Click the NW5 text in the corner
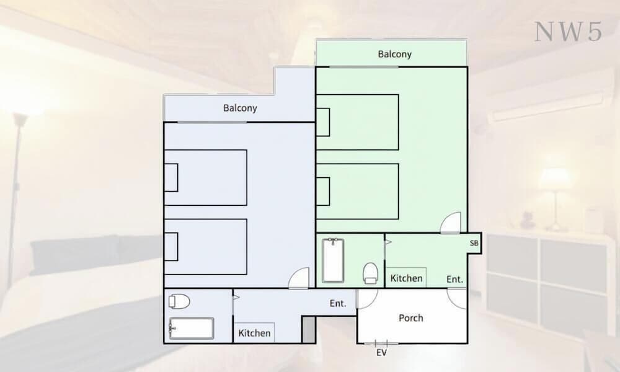pyautogui.click(x=568, y=32)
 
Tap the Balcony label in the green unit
pyautogui.click(x=394, y=54)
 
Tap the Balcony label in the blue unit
pyautogui.click(x=240, y=108)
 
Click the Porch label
pyautogui.click(x=411, y=318)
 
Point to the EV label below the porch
pyautogui.click(x=381, y=353)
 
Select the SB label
pyautogui.click(x=474, y=243)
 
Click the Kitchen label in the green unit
pyautogui.click(x=406, y=278)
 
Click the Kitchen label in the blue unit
pyautogui.click(x=254, y=333)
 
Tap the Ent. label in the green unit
pyautogui.click(x=454, y=279)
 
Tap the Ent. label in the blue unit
pyautogui.click(x=338, y=303)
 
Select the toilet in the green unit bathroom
pyautogui.click(x=370, y=273)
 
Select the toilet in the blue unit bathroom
pyautogui.click(x=179, y=302)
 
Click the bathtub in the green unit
pyautogui.click(x=333, y=260)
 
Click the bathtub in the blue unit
pyautogui.click(x=192, y=328)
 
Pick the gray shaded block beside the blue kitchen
pyautogui.click(x=308, y=329)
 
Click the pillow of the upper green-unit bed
pyautogui.click(x=324, y=122)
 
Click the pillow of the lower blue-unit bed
pyautogui.click(x=171, y=247)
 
